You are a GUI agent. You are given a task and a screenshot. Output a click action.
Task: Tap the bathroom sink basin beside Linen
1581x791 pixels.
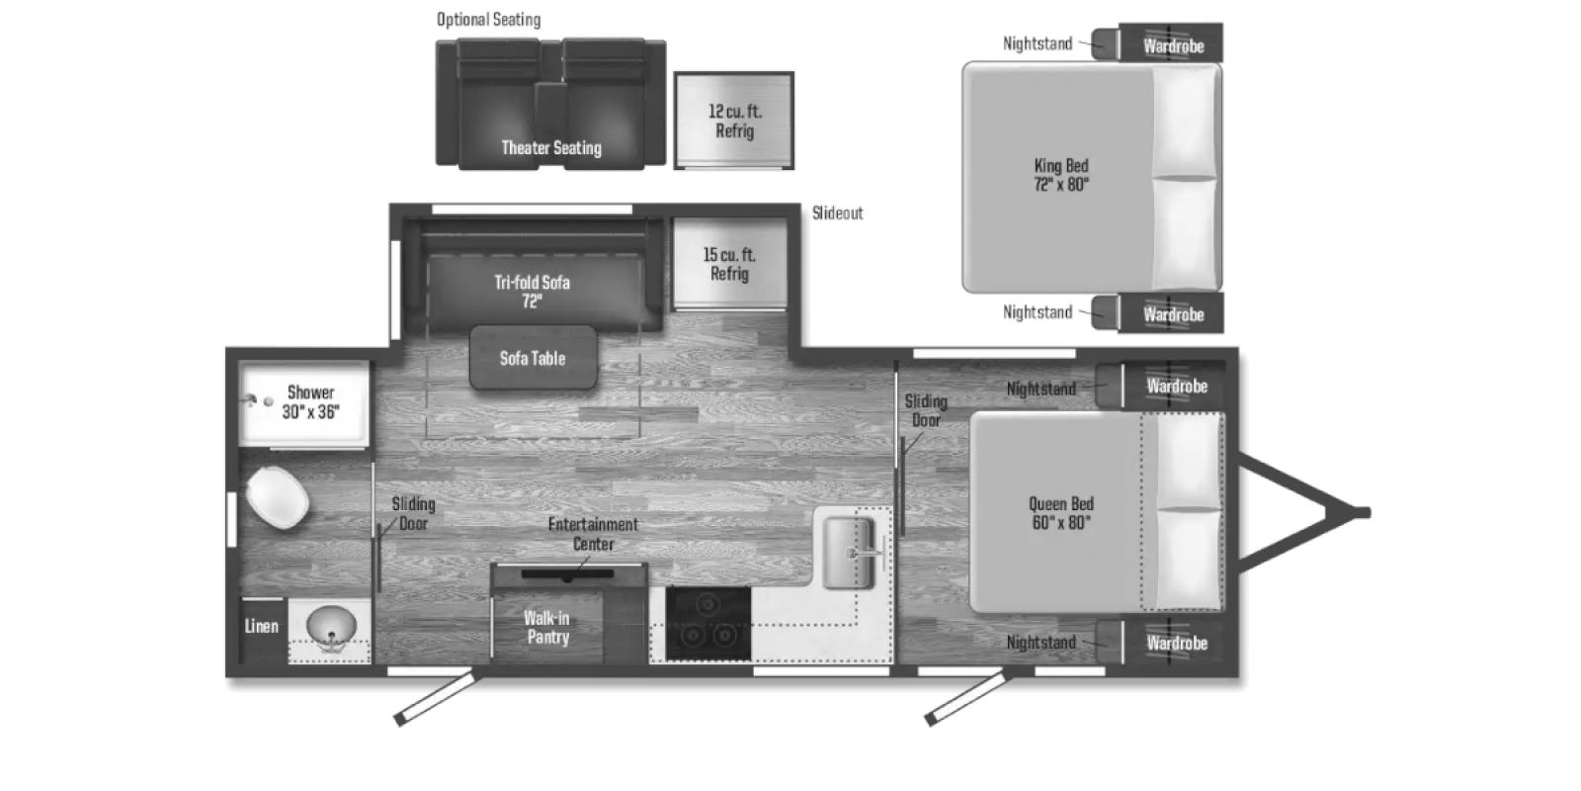tap(331, 626)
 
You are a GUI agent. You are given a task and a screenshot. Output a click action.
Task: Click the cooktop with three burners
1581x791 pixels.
tap(707, 623)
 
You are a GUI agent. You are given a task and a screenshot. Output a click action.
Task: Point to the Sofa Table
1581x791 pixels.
tap(533, 358)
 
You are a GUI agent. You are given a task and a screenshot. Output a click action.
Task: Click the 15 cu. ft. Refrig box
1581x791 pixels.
tap(729, 264)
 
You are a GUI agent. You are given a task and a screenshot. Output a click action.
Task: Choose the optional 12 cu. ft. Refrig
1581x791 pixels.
tap(734, 121)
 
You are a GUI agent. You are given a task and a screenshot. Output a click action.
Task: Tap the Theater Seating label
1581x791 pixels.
tap(550, 148)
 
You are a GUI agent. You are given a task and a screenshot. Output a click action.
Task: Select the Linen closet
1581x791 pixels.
tap(262, 626)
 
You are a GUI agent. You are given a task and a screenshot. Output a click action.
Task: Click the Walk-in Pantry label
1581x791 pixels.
tap(547, 628)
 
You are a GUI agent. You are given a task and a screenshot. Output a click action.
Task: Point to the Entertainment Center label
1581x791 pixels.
tap(593, 534)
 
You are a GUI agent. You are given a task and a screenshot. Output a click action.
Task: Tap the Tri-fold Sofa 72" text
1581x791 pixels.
tap(532, 292)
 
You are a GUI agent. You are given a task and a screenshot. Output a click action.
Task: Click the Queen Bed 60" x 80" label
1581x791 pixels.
tap(1062, 513)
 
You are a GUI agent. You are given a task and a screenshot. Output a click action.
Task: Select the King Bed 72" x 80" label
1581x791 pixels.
tap(1061, 175)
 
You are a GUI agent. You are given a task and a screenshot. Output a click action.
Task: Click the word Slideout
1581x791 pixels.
tap(837, 213)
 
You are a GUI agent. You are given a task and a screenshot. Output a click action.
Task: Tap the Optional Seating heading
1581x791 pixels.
tap(488, 20)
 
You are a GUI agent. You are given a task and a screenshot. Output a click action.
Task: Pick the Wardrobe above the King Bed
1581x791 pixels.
tap(1173, 45)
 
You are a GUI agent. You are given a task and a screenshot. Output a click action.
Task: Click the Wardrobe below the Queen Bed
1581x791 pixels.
tap(1176, 643)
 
